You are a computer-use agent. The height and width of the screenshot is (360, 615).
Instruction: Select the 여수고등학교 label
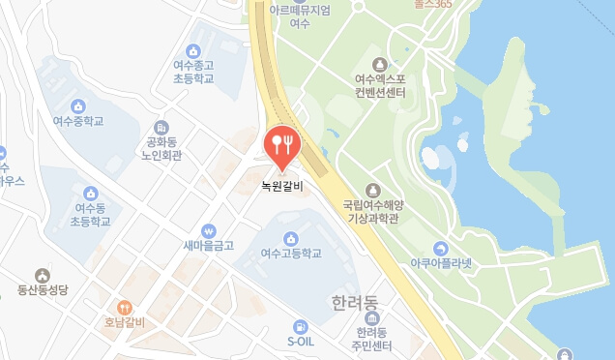coord(290,254)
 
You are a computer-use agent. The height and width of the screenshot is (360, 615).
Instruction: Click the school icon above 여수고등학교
coord(290,238)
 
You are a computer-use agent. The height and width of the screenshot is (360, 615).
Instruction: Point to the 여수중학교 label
coord(77,122)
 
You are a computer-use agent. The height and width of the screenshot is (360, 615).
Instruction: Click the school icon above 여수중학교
coord(77,105)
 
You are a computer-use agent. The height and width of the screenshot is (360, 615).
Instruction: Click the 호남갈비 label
coord(125,322)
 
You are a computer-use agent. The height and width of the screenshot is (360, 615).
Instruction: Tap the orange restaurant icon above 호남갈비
coord(125,307)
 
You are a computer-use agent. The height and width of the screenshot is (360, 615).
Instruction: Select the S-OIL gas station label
coord(301,342)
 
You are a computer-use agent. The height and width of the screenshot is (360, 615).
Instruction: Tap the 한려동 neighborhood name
coord(355,302)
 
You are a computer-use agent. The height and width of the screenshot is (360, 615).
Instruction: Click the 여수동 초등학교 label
coord(91,215)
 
